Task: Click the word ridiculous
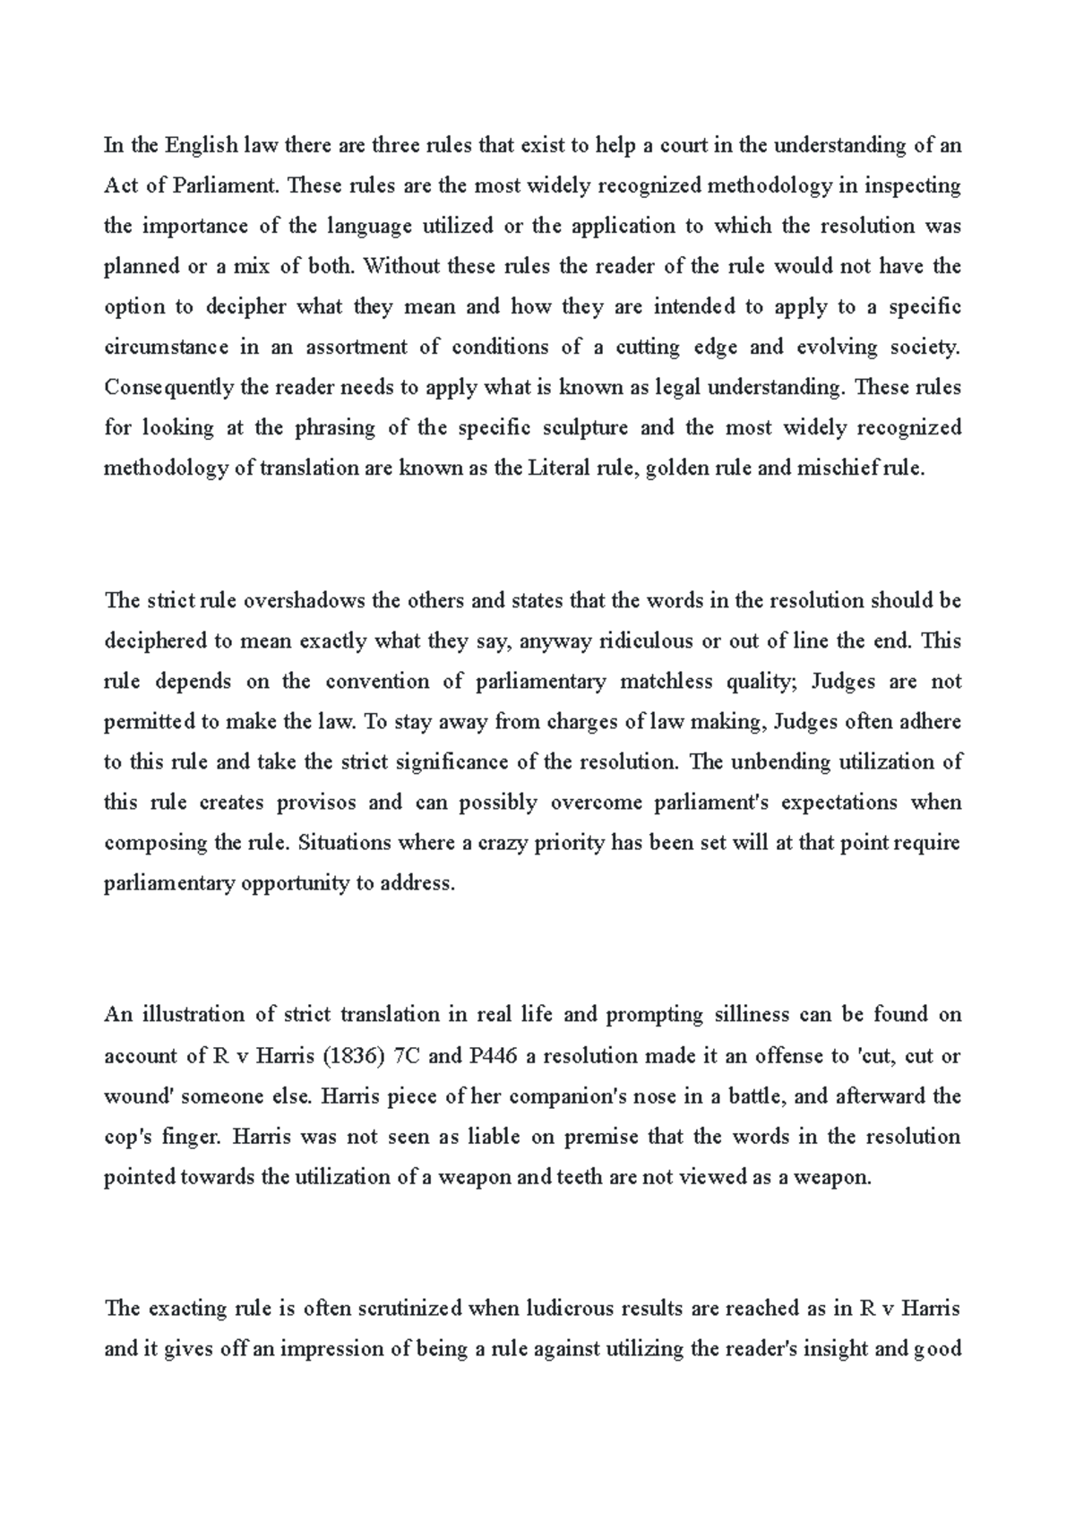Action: [645, 640]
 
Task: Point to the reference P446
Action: [493, 1055]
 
